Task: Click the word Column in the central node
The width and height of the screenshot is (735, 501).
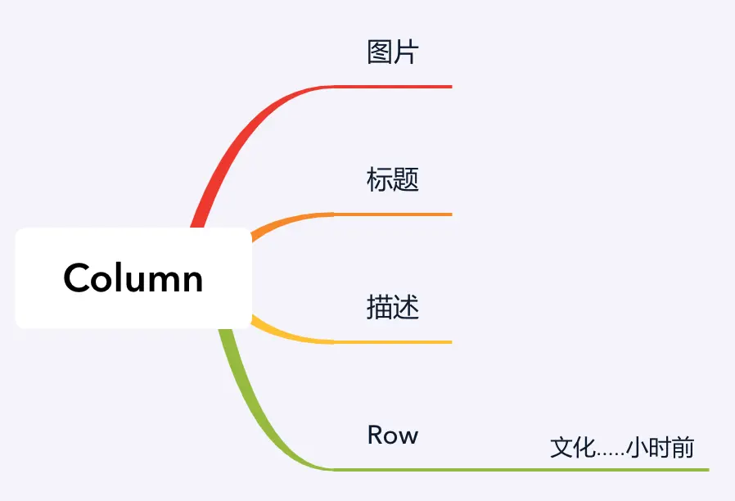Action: pos(133,278)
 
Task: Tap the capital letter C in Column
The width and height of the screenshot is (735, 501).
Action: pos(77,278)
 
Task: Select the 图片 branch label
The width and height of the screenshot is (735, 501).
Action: pos(393,52)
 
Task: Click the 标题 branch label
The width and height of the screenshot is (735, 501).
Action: pos(393,179)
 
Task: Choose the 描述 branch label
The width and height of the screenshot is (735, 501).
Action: pos(393,307)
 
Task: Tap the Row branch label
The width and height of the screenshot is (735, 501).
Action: pos(393,435)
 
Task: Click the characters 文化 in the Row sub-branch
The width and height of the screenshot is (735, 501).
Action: pos(571,448)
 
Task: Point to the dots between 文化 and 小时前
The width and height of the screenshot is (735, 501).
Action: pos(609,453)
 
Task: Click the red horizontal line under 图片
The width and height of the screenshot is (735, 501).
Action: pos(393,86)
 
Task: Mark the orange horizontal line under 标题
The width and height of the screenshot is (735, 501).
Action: pos(393,214)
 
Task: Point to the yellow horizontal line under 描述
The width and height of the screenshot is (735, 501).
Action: pos(393,342)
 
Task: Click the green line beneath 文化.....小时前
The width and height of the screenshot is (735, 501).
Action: pos(622,470)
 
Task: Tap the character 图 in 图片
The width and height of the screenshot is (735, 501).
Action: pos(380,52)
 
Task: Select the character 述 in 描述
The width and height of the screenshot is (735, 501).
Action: pos(406,307)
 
